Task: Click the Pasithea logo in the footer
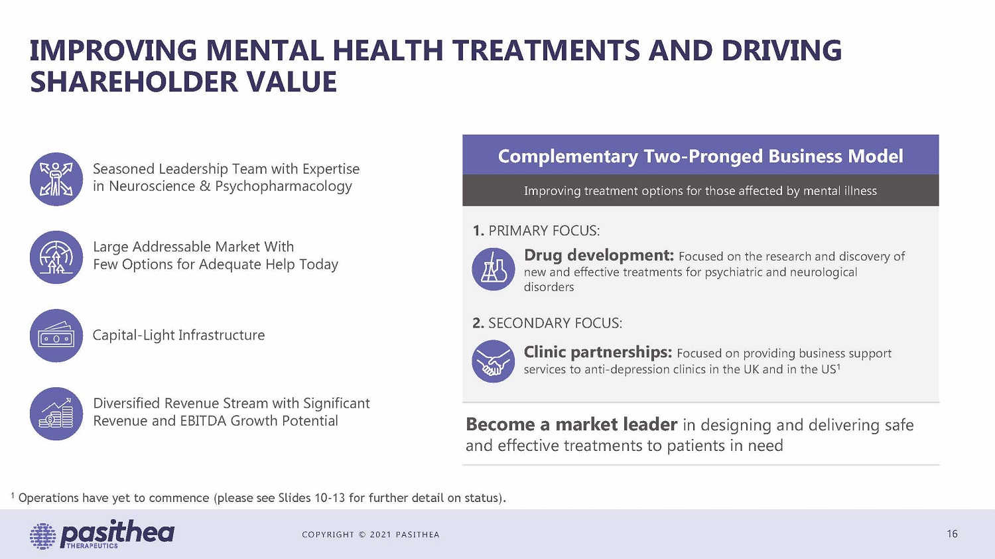point(101,534)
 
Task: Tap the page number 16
point(952,534)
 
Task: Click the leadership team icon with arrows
point(56,179)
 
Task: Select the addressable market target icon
point(56,257)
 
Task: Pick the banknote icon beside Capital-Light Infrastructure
point(56,336)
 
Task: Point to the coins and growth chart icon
point(56,414)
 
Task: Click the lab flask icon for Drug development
point(493,269)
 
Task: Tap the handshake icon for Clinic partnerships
point(493,361)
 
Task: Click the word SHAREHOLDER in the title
point(134,82)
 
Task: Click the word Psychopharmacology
point(283,186)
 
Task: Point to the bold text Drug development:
point(599,255)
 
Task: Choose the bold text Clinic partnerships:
point(598,352)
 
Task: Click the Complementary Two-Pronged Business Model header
point(700,156)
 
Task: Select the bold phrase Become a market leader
point(572,425)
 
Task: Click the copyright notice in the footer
point(370,534)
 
